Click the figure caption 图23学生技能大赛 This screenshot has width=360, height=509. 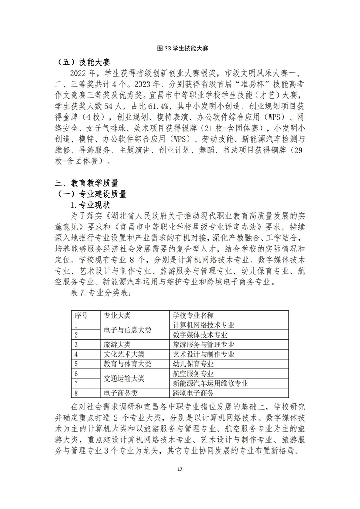coord(180,47)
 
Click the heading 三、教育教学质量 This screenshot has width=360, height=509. coord(86,183)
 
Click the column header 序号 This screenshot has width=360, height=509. coord(81,315)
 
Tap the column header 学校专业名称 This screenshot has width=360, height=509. coord(193,315)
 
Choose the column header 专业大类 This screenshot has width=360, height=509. coord(117,315)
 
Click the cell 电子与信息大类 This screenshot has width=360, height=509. coord(128,330)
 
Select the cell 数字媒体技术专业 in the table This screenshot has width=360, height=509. coord(200,335)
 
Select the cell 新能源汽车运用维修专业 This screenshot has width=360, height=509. coord(211,383)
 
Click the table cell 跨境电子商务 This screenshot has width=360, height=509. coord(193,393)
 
